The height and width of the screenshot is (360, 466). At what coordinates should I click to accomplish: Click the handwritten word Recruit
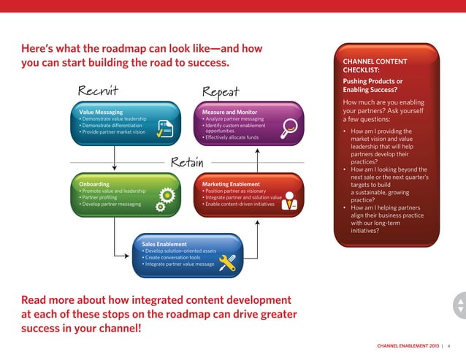[x=99, y=91]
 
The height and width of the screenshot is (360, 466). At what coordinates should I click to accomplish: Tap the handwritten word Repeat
[x=221, y=91]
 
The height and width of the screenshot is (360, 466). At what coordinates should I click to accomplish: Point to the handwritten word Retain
[x=186, y=161]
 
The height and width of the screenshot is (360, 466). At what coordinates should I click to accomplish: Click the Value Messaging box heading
[x=101, y=112]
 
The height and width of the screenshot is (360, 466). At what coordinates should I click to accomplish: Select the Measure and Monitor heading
[x=229, y=112]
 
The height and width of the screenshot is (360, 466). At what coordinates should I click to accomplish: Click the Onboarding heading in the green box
[x=94, y=184]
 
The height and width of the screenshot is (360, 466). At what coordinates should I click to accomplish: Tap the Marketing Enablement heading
[x=231, y=184]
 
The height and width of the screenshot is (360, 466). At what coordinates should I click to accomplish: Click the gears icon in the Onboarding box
[x=164, y=199]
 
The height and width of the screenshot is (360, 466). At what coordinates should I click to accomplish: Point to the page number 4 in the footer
[x=448, y=345]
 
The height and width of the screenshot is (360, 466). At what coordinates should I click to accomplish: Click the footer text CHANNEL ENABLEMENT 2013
[x=408, y=345]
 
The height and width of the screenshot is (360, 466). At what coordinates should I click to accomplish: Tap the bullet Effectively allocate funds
[x=232, y=137]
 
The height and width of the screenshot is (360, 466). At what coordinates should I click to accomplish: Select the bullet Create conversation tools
[x=172, y=257]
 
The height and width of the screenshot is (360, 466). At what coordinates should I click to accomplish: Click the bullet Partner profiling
[x=101, y=197]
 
